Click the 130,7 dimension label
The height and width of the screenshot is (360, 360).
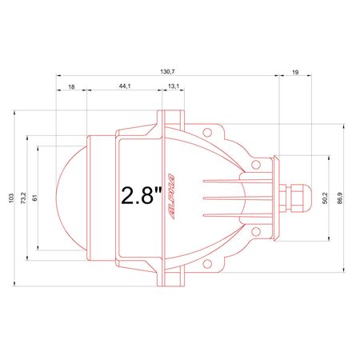167,71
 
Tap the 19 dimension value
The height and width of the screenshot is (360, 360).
295,72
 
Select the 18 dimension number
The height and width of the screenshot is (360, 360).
71,87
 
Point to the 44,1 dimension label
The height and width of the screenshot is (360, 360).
125,86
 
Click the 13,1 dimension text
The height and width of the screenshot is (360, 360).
174,86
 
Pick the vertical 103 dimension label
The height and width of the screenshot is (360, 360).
11,198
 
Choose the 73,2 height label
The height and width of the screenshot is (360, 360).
23,198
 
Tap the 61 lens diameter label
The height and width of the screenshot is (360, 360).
35,198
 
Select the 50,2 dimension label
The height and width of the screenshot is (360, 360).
325,198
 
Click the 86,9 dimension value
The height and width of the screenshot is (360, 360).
340,198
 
